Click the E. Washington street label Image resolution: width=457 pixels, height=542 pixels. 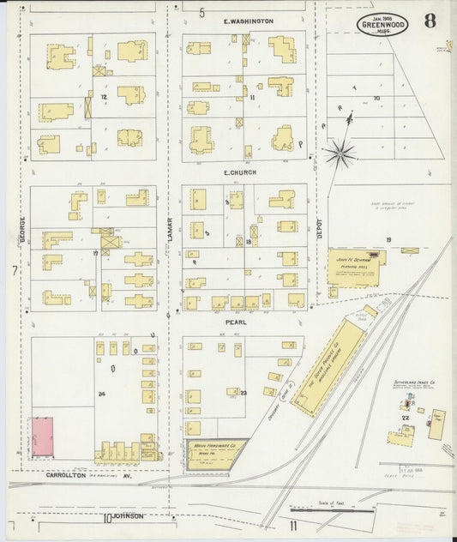click(x=248, y=21)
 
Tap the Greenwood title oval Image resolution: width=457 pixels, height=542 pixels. click(x=382, y=24)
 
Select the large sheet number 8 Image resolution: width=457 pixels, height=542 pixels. click(x=428, y=21)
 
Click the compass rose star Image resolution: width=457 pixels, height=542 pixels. click(x=340, y=154)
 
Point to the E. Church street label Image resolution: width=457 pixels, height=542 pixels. click(x=241, y=173)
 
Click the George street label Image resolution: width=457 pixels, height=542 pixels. click(x=22, y=230)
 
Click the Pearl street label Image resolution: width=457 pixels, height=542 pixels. click(x=236, y=322)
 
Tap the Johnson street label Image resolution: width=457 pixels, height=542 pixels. click(x=125, y=516)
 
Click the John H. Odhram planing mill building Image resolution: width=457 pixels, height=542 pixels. click(x=352, y=268)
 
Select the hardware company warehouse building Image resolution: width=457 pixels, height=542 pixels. click(x=215, y=454)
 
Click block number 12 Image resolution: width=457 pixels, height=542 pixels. click(x=103, y=98)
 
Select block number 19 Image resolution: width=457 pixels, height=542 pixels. click(x=388, y=239)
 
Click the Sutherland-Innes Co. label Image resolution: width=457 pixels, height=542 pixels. click(x=415, y=383)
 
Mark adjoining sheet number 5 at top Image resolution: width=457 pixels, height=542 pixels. click(x=202, y=12)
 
